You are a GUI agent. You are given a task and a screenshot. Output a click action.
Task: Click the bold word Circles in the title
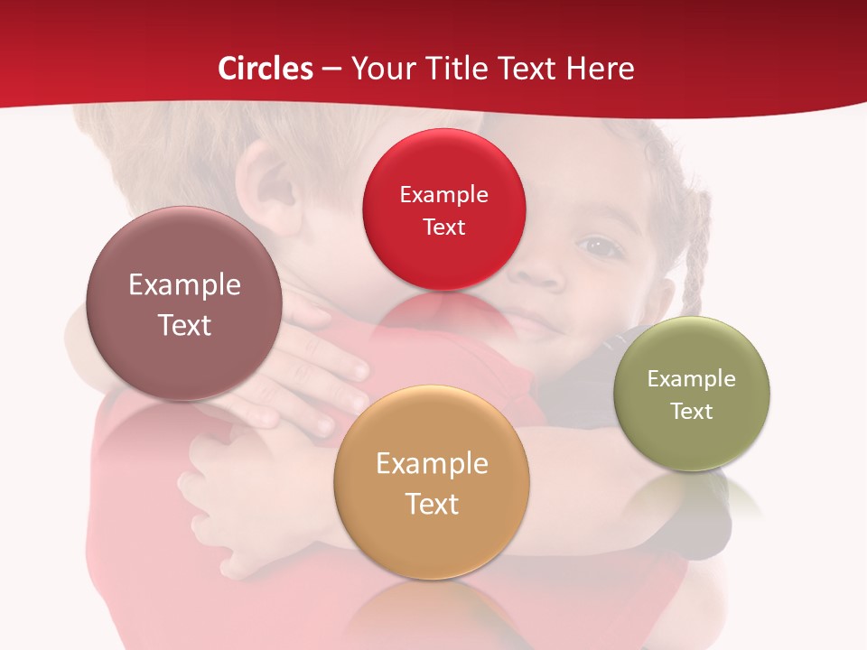pos(266,69)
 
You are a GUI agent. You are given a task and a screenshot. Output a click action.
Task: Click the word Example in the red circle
pos(443,195)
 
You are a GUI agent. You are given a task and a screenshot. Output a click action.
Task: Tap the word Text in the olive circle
pos(692,412)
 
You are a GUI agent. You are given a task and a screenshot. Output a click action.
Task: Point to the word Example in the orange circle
pos(432,464)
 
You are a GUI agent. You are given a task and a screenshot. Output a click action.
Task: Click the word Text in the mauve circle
pos(184,325)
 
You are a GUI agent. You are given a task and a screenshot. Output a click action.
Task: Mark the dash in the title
pos(331,69)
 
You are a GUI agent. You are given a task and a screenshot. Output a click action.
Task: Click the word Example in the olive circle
pos(692,379)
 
